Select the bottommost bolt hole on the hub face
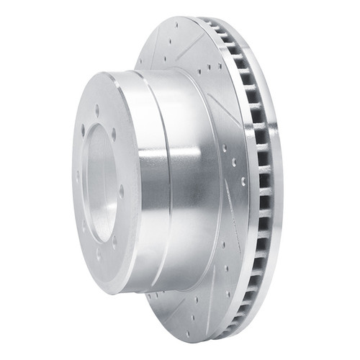click(x=99, y=255)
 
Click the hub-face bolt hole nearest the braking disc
click(x=120, y=192)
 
